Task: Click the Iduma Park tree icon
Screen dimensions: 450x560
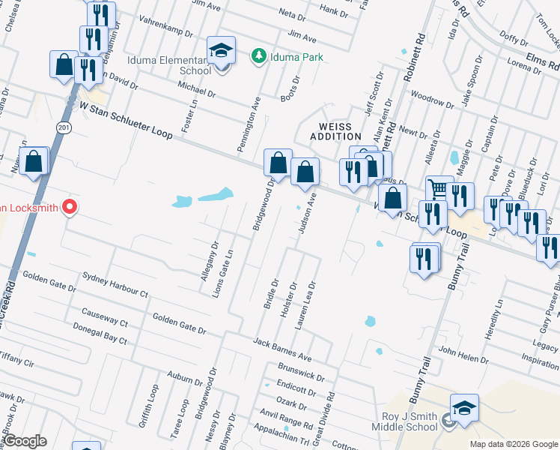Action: (258, 55)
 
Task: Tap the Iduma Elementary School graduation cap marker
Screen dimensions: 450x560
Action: (221, 50)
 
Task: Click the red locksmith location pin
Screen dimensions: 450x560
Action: (70, 206)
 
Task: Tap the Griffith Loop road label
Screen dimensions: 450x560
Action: (147, 406)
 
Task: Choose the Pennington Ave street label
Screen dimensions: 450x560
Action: (249, 124)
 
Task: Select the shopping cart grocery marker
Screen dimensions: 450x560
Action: (439, 189)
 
